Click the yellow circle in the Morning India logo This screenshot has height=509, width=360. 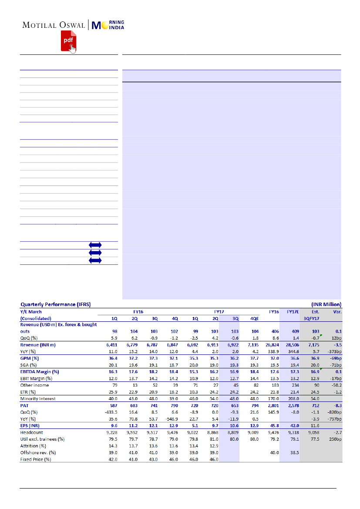104,25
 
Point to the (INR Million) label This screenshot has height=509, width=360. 326,304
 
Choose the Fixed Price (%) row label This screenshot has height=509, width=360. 35,459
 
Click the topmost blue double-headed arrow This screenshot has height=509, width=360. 95,245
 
